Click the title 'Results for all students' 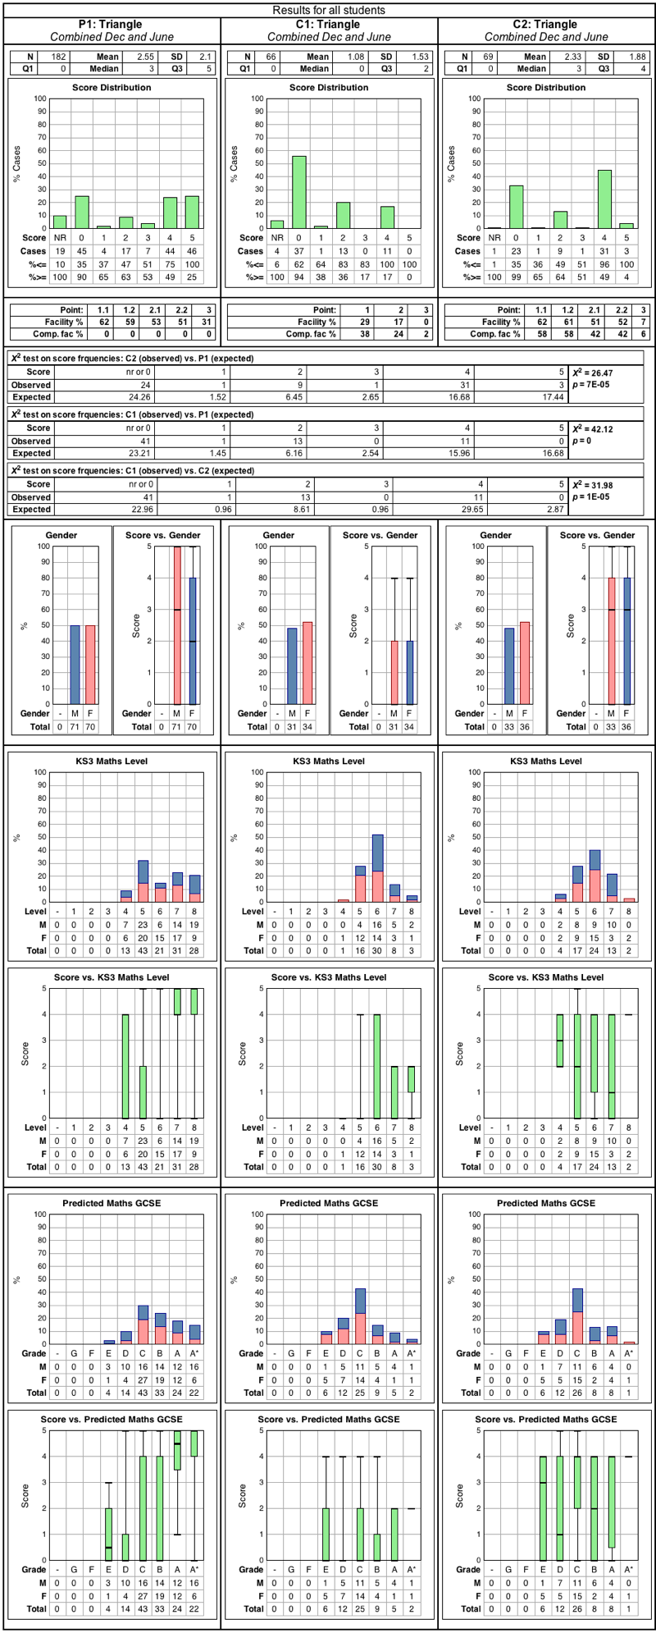coord(328,11)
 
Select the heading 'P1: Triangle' coord(112,25)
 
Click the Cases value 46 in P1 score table coord(192,251)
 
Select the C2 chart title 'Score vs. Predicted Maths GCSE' coord(546,1419)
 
